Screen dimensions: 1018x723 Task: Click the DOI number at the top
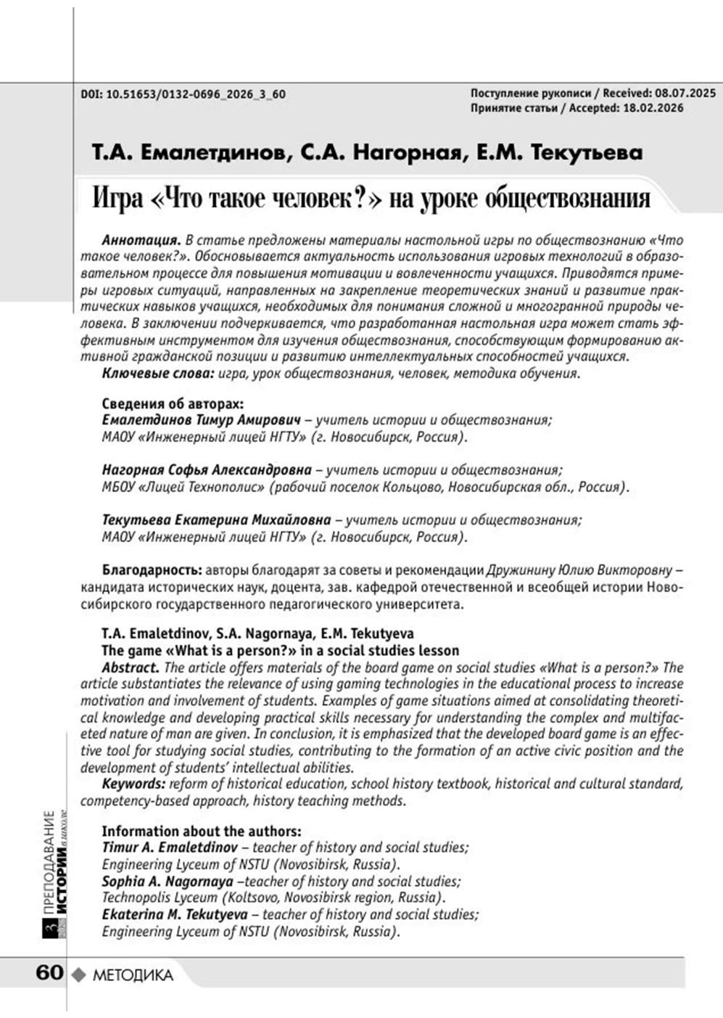195,94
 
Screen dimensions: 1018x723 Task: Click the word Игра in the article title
118,198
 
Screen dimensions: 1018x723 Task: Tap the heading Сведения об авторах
173,403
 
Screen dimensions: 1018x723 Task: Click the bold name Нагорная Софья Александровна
207,470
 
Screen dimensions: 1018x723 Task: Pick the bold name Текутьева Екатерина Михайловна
216,520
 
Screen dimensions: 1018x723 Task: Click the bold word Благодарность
151,570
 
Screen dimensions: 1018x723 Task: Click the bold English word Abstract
130,668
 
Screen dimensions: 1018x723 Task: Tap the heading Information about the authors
201,832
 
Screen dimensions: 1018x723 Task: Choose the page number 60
49,973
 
